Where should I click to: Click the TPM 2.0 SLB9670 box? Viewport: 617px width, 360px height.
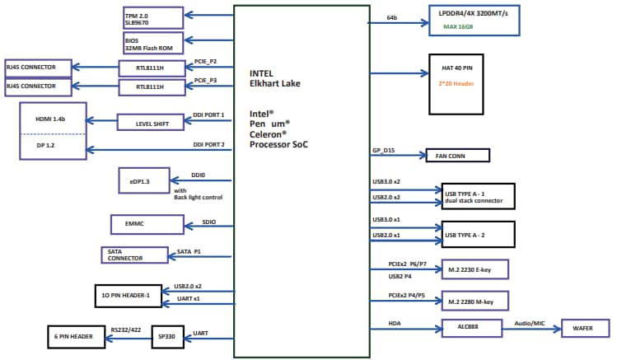click(152, 17)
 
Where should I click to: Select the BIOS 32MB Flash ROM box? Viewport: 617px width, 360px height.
click(152, 43)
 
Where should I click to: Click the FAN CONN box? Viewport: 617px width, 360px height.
click(456, 156)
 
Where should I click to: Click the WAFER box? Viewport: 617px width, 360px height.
click(587, 329)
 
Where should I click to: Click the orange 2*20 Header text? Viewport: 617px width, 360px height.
click(456, 84)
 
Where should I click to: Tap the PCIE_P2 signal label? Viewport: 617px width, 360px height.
click(206, 61)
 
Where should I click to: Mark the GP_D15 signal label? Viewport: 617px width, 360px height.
click(384, 151)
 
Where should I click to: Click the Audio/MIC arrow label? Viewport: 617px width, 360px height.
click(531, 323)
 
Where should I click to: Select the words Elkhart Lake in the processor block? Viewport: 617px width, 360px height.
click(276, 83)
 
